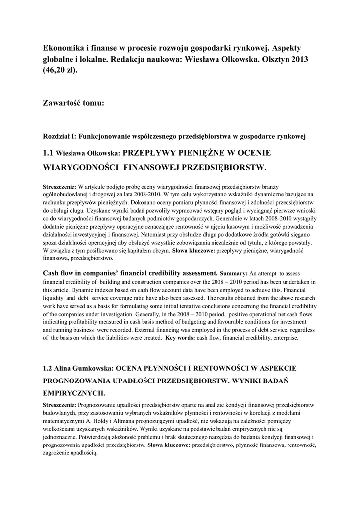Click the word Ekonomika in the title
click(64, 47)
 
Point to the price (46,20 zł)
click(61, 70)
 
